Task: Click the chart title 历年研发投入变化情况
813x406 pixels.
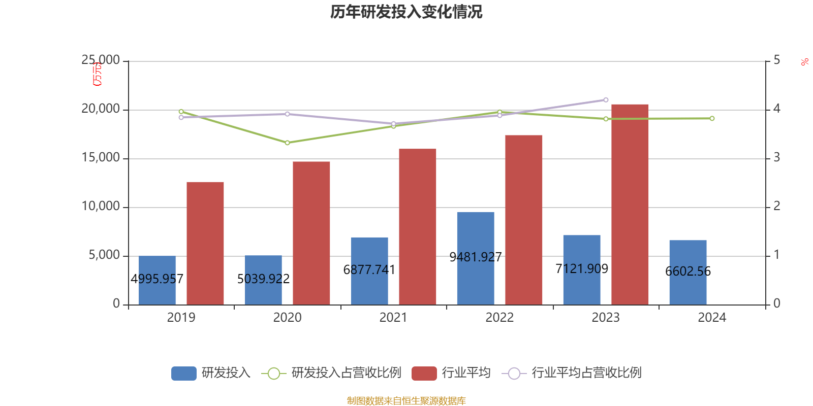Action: [x=406, y=12]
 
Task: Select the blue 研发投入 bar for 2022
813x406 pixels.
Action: [x=476, y=233]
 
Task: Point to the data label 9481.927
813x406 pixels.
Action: [x=476, y=257]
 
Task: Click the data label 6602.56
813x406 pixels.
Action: [x=688, y=272]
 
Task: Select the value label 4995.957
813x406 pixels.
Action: [x=157, y=279]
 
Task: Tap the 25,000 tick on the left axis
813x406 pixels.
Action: [x=101, y=60]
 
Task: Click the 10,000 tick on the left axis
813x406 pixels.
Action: [x=101, y=206]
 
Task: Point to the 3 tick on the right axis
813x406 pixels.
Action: [x=776, y=158]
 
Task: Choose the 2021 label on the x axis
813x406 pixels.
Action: [x=393, y=318]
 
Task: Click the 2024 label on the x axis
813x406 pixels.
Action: [x=712, y=318]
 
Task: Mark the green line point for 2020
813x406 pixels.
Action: [x=287, y=143]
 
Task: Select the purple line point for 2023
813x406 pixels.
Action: [x=606, y=100]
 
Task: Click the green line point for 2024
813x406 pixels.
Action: [x=712, y=119]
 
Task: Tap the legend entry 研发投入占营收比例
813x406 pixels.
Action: [x=346, y=373]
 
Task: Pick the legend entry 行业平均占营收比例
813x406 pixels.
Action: [x=586, y=373]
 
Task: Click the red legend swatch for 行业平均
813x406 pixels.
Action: [x=424, y=374]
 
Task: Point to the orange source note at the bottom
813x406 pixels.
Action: [x=406, y=401]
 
